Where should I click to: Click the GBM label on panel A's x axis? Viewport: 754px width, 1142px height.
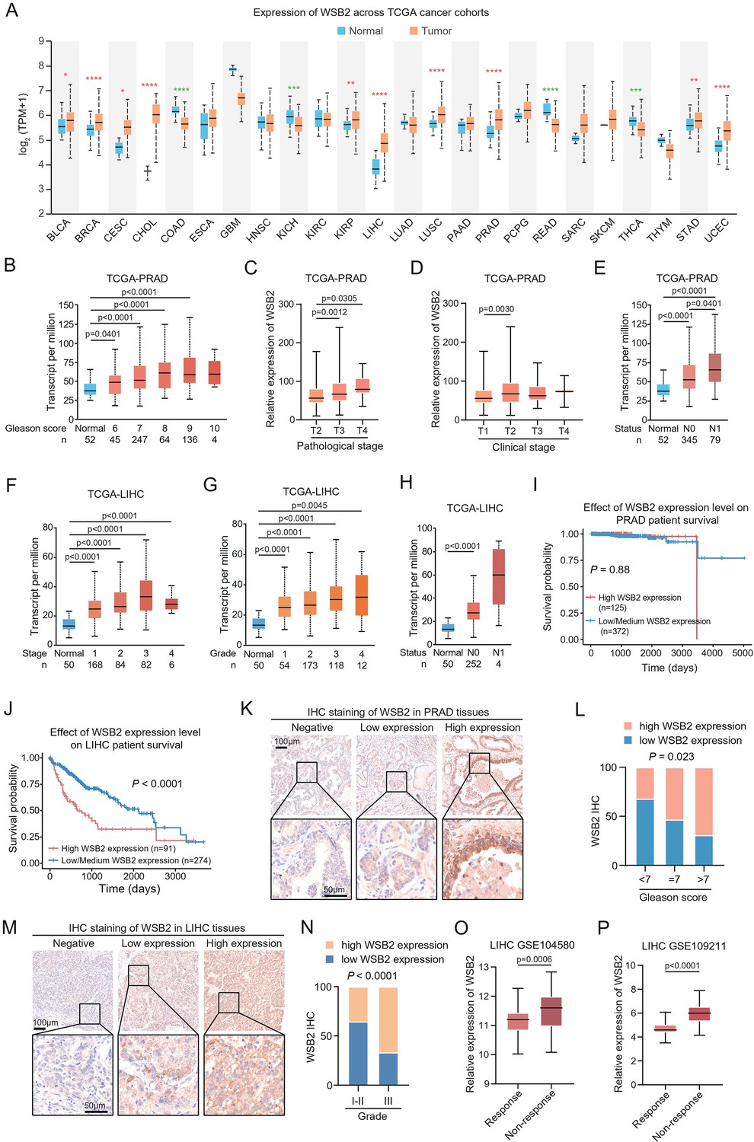[231, 228]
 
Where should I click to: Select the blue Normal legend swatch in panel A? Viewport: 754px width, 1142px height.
[341, 31]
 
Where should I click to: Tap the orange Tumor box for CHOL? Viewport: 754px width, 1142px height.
[156, 113]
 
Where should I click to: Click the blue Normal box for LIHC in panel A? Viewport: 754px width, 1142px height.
[375, 166]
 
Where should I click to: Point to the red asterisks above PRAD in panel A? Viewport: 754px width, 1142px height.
[494, 72]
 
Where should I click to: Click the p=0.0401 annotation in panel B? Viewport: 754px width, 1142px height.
[103, 334]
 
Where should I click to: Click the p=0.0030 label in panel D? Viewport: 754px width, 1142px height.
[497, 309]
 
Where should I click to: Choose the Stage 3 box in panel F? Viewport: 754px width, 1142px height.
[146, 595]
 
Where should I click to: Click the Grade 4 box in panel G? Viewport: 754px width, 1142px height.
[362, 595]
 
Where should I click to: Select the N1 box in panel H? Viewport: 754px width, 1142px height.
[498, 576]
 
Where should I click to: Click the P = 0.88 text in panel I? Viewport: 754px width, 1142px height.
[610, 569]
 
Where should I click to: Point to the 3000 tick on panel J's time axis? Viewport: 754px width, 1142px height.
[175, 876]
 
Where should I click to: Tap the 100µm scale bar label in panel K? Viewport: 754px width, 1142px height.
[287, 741]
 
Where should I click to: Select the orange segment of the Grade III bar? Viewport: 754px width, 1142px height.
[388, 1020]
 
